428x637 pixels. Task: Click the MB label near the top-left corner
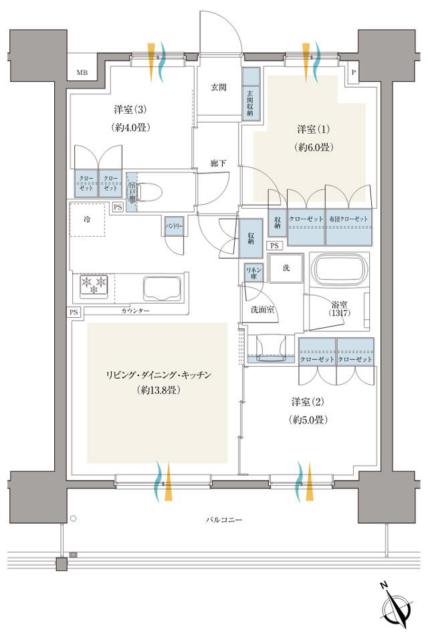(81, 72)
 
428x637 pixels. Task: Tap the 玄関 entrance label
(218, 87)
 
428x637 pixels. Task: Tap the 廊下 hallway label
(218, 163)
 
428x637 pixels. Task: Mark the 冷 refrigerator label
(86, 218)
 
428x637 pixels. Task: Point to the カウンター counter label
(135, 312)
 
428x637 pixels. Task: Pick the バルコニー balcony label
(224, 520)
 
